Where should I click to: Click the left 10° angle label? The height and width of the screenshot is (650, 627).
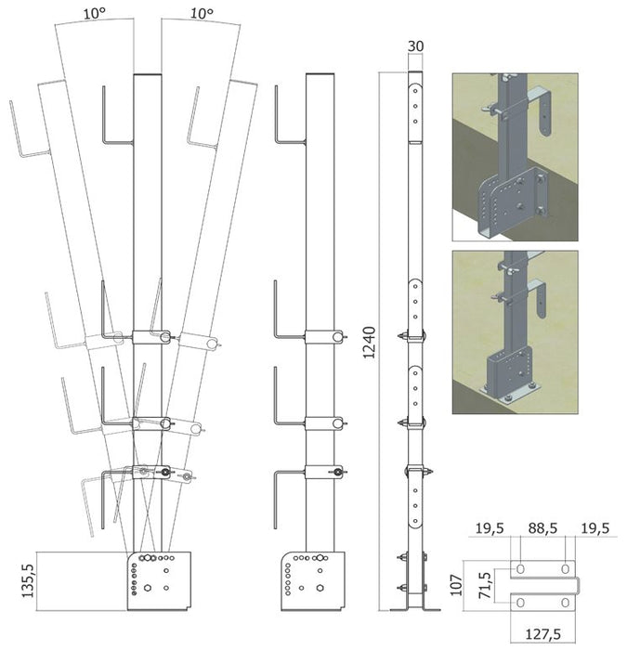point(94,13)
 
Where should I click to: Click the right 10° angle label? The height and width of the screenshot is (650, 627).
point(202,13)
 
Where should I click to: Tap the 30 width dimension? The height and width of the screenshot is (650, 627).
point(415,46)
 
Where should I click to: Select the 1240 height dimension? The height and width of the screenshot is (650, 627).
point(369,342)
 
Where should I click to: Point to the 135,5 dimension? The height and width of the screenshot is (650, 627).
point(28,580)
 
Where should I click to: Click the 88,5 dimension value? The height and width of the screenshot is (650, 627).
point(542,528)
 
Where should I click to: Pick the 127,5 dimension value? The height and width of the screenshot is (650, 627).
point(543,634)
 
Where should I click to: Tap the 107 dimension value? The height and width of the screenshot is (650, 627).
point(456,585)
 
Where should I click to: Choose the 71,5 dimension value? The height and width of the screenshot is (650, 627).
point(484,585)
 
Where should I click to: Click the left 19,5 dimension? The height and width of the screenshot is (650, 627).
point(490,528)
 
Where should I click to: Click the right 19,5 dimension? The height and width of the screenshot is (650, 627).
point(594,528)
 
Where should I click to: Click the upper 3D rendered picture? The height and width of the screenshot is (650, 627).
point(515,157)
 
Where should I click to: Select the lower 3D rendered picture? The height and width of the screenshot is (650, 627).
point(515,332)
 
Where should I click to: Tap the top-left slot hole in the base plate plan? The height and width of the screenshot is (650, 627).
point(521,568)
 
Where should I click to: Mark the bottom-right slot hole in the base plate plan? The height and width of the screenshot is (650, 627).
point(565,603)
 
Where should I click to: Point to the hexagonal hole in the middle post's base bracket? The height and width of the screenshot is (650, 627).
point(320,588)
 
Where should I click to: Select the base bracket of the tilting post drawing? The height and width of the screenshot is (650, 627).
point(159,580)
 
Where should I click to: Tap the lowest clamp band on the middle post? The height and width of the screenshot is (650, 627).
point(324,472)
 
